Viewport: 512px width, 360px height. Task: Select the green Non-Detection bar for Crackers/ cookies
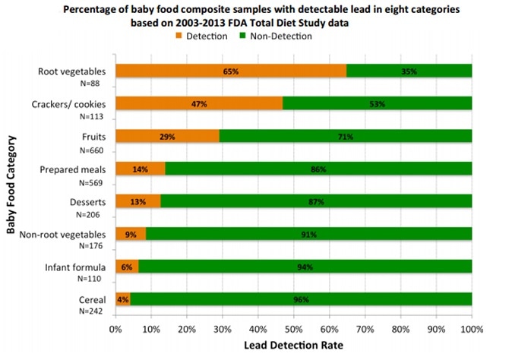click(x=377, y=103)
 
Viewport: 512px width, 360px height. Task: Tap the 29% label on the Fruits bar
click(x=167, y=137)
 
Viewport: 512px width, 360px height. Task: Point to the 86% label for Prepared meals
click(x=317, y=169)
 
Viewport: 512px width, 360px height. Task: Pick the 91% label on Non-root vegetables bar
click(x=308, y=235)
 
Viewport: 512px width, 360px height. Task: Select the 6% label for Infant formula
click(x=126, y=267)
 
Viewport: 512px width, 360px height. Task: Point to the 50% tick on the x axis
click(x=293, y=329)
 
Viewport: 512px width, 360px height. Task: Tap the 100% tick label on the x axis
click(x=471, y=329)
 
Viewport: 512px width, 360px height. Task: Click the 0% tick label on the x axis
click(x=115, y=329)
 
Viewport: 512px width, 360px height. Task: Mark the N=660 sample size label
click(x=91, y=150)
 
